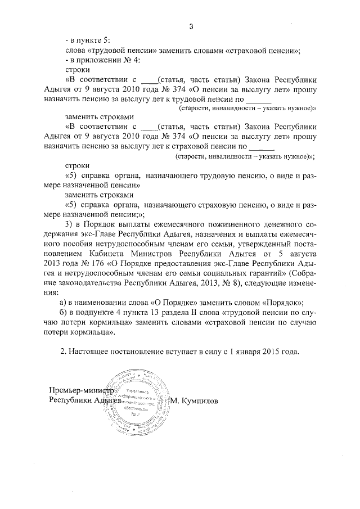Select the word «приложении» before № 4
coord(96,60)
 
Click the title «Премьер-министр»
coord(82,391)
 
